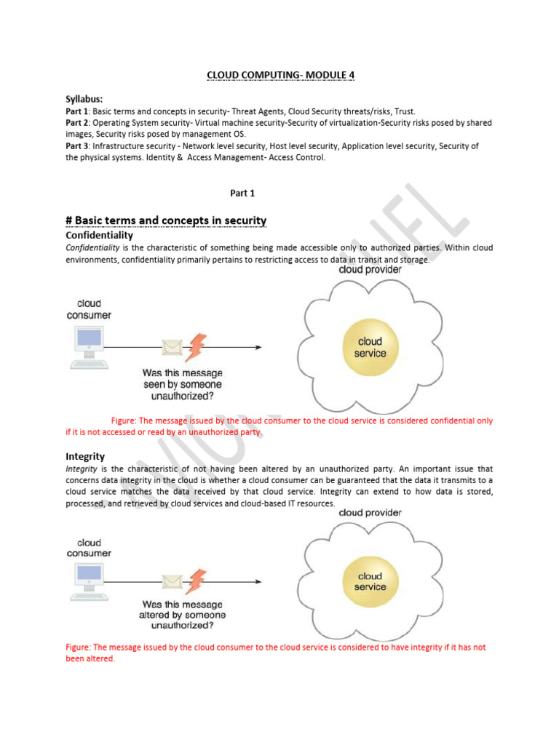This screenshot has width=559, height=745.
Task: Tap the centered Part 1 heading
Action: pos(242,193)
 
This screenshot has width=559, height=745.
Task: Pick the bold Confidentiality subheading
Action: pos(99,236)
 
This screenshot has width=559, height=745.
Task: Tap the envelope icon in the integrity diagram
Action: pos(173,582)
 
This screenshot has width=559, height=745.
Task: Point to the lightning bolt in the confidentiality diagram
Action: pos(195,347)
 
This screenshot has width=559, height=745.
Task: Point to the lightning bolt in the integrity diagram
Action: pos(195,581)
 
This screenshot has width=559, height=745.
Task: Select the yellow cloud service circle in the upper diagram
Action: pos(370,347)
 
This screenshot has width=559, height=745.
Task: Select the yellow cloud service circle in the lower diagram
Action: pos(370,582)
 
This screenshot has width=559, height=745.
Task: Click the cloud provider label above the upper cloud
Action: pos(370,270)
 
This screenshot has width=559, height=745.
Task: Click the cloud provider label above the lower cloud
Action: pos(370,513)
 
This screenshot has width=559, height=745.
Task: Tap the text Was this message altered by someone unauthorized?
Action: pos(182,615)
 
